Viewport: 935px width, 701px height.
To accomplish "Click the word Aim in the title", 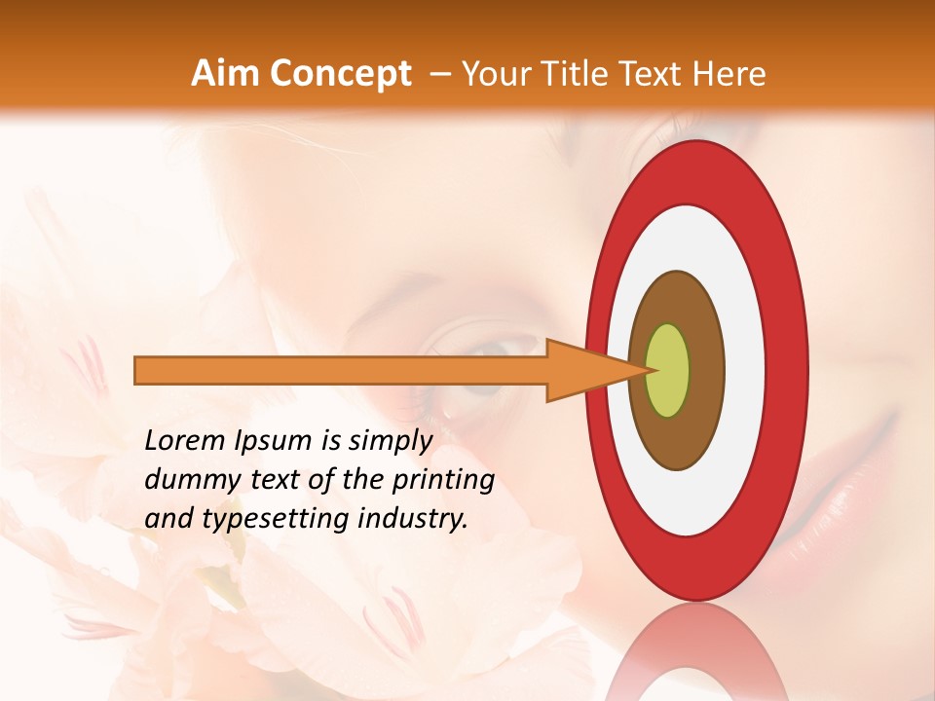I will (x=226, y=74).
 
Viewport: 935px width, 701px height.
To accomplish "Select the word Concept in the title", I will (x=340, y=74).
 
